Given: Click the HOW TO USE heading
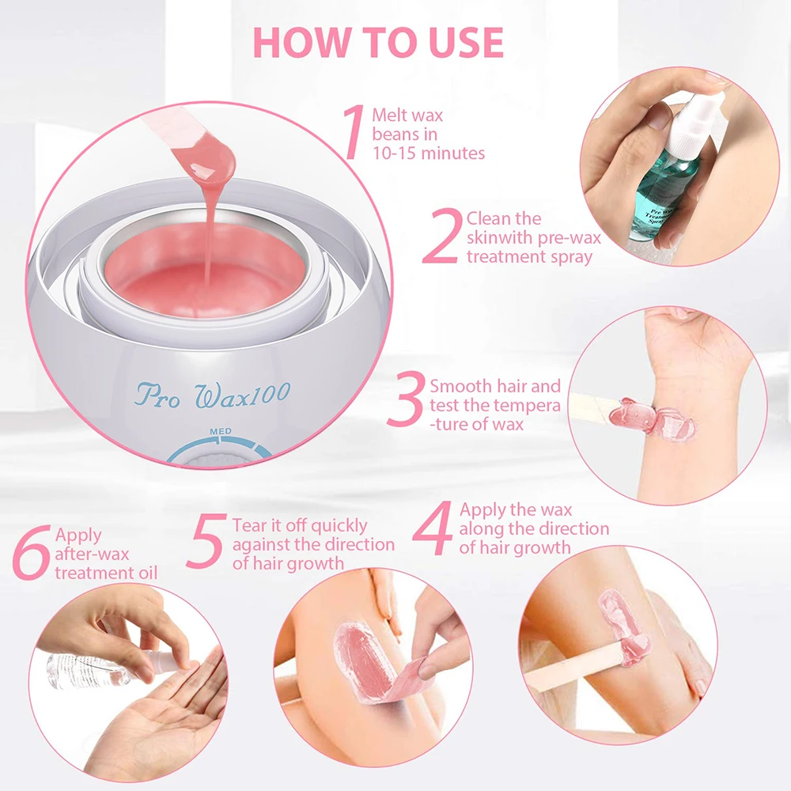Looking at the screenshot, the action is pyautogui.click(x=378, y=43).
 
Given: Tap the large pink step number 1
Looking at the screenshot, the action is pyautogui.click(x=354, y=132).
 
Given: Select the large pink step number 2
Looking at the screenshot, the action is pyautogui.click(x=442, y=236).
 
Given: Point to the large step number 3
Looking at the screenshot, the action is pyautogui.click(x=406, y=399).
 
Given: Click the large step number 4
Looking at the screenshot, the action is pyautogui.click(x=433, y=528).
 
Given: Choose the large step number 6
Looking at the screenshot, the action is pyautogui.click(x=32, y=552).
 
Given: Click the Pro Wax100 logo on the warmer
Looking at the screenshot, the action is pyautogui.click(x=214, y=395).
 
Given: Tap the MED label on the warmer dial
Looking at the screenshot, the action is pyautogui.click(x=221, y=431).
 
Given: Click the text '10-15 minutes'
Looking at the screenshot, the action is pyautogui.click(x=429, y=153).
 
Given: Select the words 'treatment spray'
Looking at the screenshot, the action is pyautogui.click(x=529, y=257).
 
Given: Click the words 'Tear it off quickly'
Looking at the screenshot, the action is pyautogui.click(x=300, y=526).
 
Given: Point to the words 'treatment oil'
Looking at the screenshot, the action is pyautogui.click(x=106, y=573).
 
